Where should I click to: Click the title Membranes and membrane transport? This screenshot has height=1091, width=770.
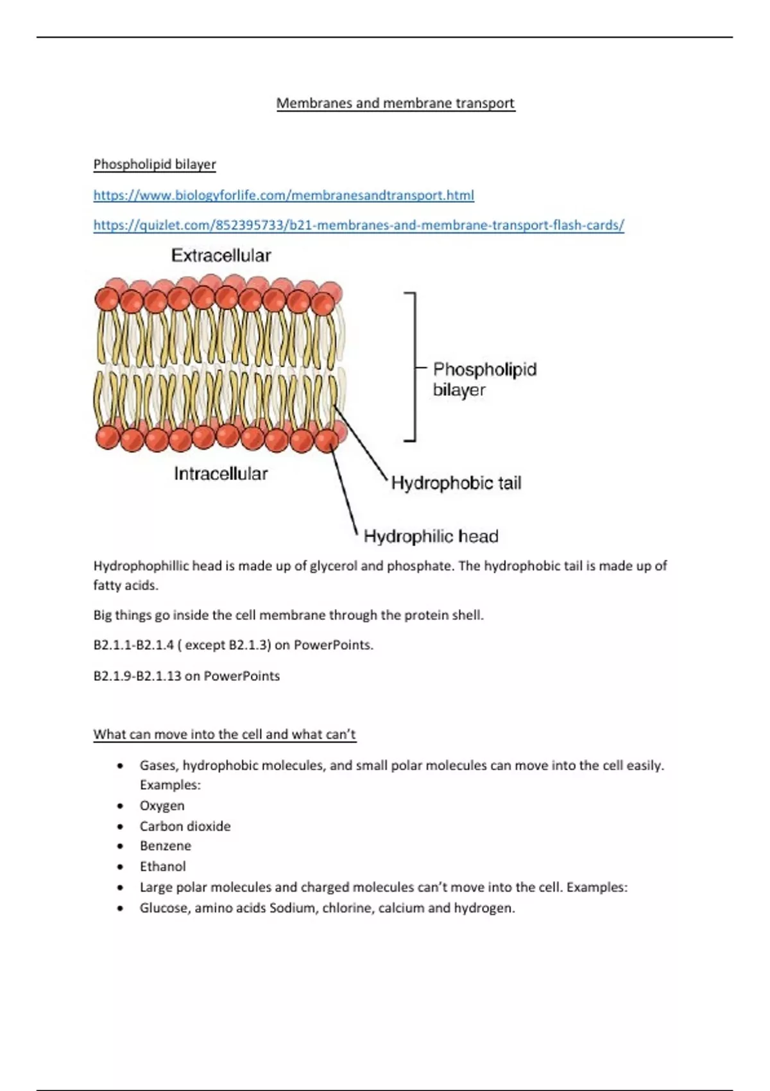point(395,103)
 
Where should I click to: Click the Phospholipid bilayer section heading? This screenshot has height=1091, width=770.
point(155,164)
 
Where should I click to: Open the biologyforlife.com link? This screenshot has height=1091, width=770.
point(284,195)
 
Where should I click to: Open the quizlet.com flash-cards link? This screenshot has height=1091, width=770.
point(358,225)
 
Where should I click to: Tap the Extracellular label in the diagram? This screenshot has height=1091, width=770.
point(221,255)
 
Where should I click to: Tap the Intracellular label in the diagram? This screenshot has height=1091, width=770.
point(221,474)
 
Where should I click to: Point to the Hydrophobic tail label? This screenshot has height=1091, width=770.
point(456,483)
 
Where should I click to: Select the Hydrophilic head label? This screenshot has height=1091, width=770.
point(431,536)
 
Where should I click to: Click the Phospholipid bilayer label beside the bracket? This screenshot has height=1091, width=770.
point(484,379)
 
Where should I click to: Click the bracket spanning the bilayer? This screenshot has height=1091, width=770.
point(414,367)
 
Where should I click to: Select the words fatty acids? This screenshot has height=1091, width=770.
point(125,585)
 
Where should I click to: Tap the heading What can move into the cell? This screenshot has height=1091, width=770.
point(224,734)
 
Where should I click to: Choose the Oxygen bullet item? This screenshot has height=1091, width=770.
point(162,805)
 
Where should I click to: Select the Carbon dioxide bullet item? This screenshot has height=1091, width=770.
point(185,826)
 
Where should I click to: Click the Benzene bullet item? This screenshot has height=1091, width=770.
point(165,846)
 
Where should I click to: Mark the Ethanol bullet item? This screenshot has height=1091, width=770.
point(162,866)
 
